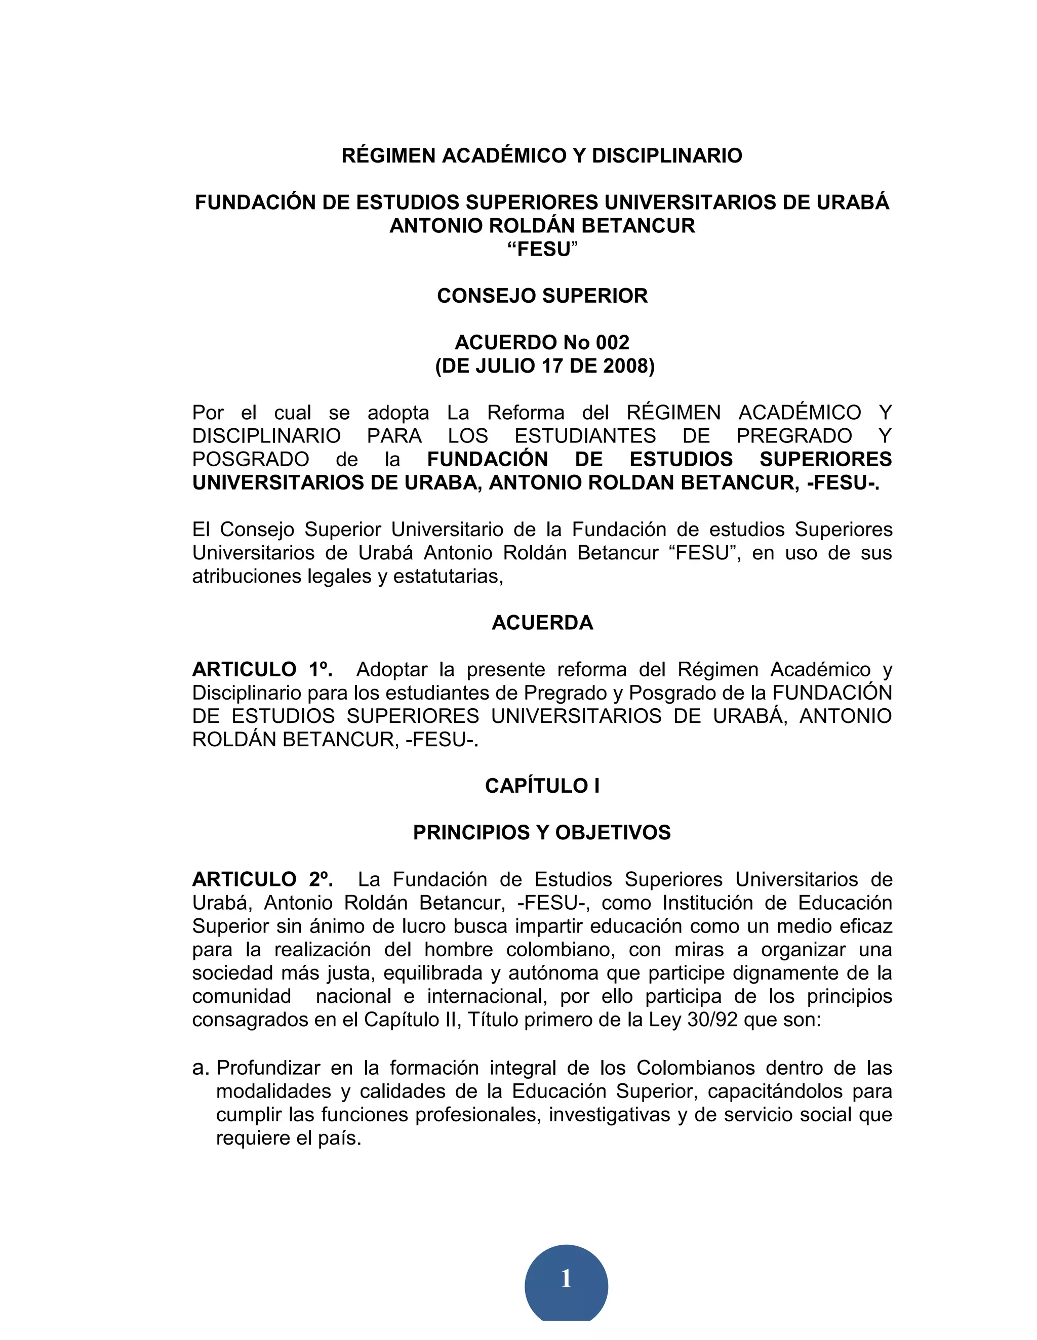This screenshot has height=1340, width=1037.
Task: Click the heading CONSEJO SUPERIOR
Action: pos(542,296)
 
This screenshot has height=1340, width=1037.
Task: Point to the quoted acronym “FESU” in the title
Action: pos(542,249)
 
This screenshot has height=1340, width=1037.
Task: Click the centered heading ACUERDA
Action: pos(542,623)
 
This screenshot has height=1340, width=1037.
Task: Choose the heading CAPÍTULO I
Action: pos(542,786)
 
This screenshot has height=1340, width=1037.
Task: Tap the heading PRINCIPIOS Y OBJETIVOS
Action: pos(542,833)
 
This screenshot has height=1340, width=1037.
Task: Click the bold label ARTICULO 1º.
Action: pos(262,669)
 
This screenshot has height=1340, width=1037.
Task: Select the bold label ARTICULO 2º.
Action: pos(262,880)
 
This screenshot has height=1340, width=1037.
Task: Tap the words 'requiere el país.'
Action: pos(289,1138)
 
